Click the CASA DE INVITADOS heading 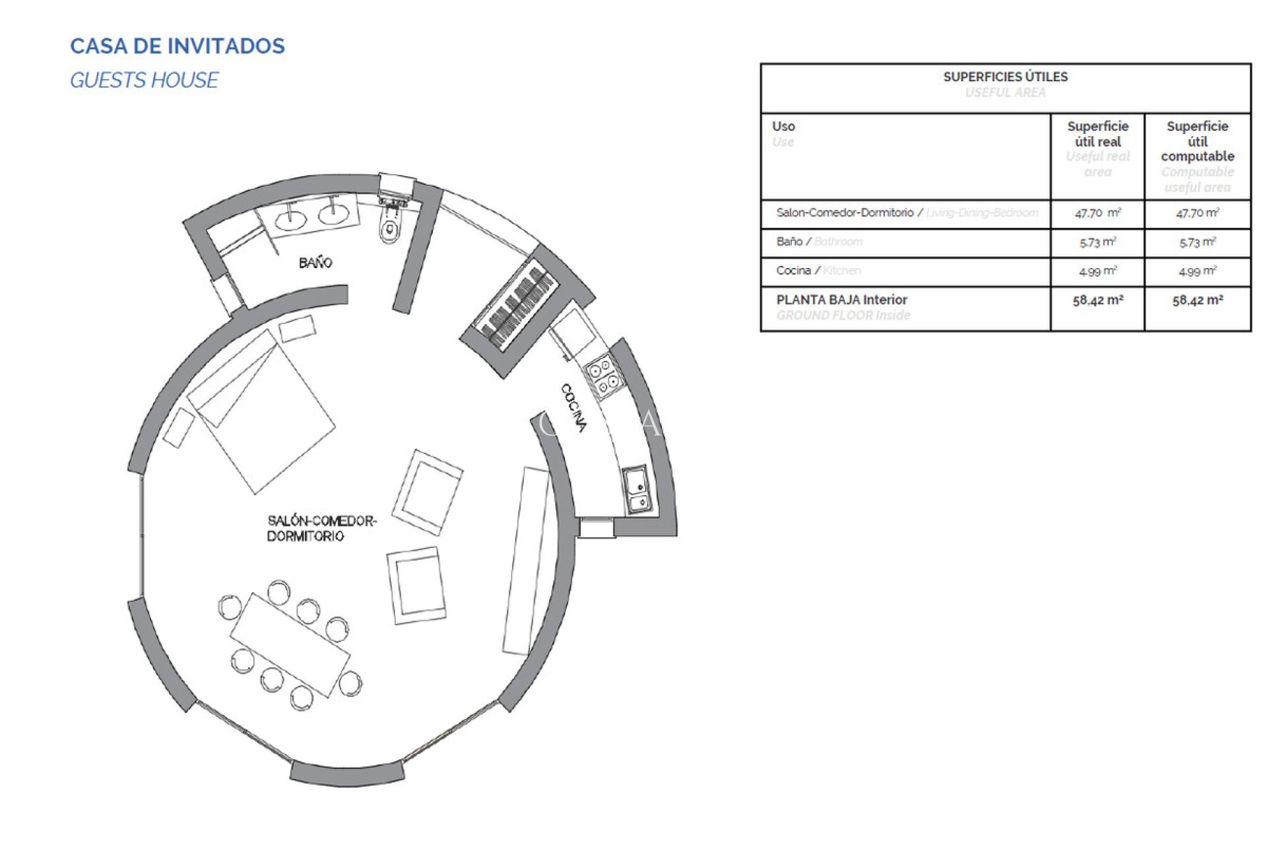tap(178, 46)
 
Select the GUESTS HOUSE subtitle tap(144, 81)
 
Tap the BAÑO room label tap(315, 263)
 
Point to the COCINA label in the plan tap(573, 408)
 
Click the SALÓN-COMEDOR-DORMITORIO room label tap(321, 528)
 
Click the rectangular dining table tap(290, 645)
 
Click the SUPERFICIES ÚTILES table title tap(1005, 77)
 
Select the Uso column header tap(783, 126)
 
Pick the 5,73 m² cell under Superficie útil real tap(1097, 242)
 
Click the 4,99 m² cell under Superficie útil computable tap(1197, 271)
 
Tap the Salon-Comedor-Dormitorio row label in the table tap(845, 213)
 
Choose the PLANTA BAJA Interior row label tap(841, 300)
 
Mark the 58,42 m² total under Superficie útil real tap(1097, 300)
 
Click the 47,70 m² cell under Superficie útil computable tap(1197, 213)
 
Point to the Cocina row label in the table tap(793, 271)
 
